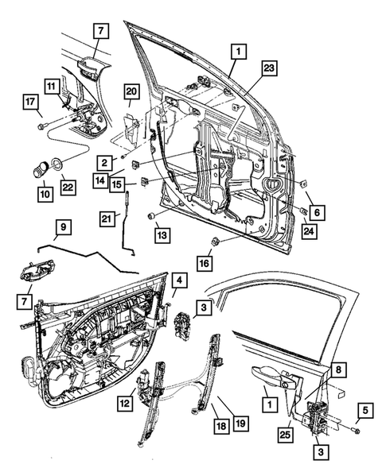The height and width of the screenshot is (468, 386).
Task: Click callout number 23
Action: pyautogui.click(x=268, y=69)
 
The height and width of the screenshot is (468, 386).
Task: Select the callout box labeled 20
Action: pyautogui.click(x=131, y=92)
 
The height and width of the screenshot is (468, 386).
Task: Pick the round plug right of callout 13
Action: pyautogui.click(x=150, y=216)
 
